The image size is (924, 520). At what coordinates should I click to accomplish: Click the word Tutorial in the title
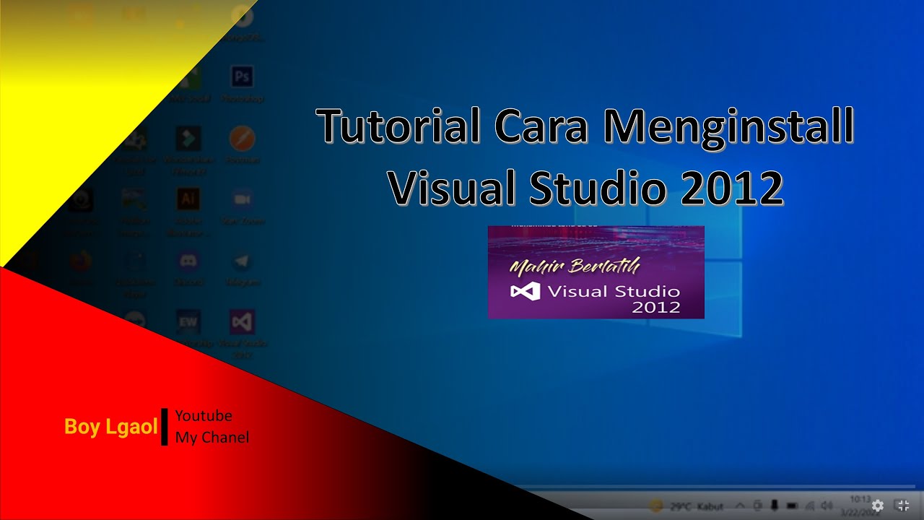[399, 126]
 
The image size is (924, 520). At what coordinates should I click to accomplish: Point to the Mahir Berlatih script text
[575, 266]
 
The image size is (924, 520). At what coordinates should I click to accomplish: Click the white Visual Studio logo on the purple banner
[525, 292]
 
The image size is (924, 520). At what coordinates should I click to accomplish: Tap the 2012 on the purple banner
[656, 307]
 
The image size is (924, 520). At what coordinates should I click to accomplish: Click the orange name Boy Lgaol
[110, 427]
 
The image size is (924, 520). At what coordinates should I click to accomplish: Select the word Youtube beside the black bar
[204, 416]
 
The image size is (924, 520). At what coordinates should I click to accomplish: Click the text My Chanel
[212, 437]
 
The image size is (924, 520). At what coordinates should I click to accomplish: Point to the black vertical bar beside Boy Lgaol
[165, 426]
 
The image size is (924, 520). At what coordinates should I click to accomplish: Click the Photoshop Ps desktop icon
[242, 77]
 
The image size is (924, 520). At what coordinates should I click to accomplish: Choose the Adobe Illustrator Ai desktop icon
[188, 199]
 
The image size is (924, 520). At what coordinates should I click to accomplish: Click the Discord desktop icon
[188, 261]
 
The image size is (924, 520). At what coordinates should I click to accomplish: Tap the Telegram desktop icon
[242, 261]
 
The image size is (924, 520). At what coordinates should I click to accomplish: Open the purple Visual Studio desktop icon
[242, 322]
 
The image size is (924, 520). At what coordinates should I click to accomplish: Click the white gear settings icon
[878, 506]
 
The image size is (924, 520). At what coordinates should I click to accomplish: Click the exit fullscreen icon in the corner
[902, 506]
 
